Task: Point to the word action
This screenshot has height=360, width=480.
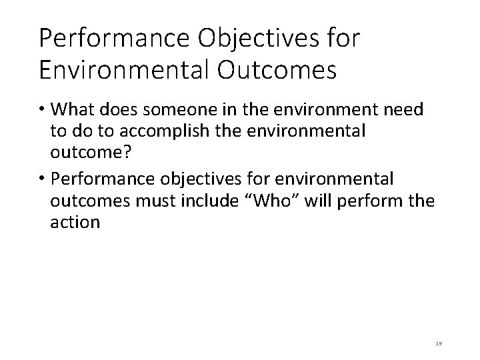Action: tap(75, 222)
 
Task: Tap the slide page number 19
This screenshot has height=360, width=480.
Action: tap(438, 342)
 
